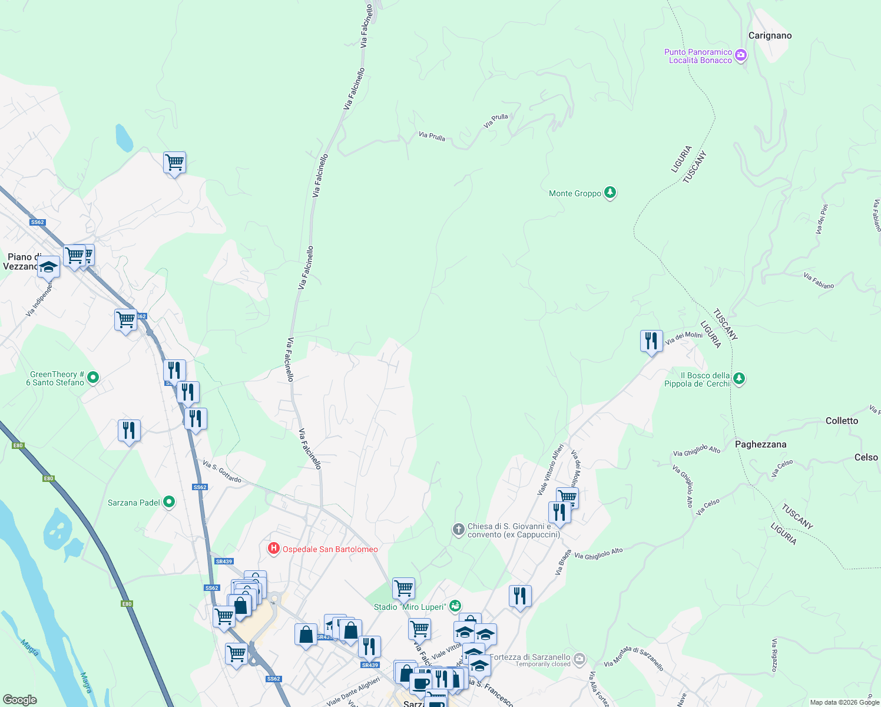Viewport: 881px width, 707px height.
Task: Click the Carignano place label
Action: [770, 36]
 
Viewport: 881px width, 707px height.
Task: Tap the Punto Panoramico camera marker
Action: [741, 56]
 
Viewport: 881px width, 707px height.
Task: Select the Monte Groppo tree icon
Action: [610, 193]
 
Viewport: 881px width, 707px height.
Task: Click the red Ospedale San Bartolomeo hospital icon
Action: [274, 549]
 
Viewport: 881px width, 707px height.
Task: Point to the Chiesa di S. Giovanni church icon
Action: [458, 530]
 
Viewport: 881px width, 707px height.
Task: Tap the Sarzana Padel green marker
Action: [169, 502]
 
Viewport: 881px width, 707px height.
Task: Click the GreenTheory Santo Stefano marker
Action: [93, 378]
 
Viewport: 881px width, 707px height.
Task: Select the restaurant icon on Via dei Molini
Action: [651, 341]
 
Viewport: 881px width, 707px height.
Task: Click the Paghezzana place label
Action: [760, 444]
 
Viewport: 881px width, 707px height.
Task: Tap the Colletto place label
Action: [842, 421]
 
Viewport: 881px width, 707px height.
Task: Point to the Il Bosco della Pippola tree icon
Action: [739, 379]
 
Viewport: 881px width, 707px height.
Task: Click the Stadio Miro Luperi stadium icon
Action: [455, 606]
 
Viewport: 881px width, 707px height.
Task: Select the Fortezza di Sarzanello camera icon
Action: [579, 658]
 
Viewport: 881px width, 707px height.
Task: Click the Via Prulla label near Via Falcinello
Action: [432, 136]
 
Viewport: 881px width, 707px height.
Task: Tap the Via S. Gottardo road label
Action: [222, 471]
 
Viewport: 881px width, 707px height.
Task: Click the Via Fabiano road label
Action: [819, 281]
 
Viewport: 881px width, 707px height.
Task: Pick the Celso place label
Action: [866, 457]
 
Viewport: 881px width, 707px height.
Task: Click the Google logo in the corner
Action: [20, 699]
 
